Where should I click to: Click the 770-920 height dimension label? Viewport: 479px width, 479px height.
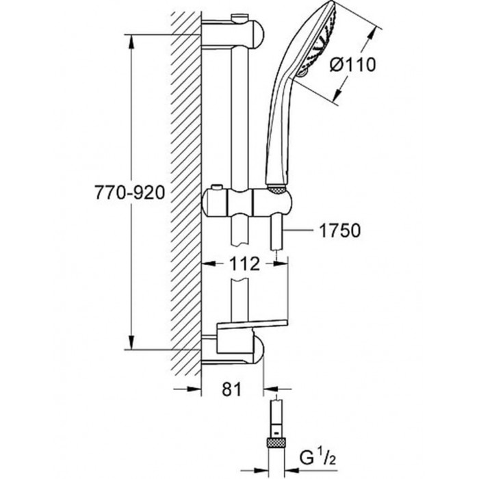130,193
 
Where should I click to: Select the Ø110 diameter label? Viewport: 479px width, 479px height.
353,65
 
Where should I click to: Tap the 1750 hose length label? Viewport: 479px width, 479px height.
339,231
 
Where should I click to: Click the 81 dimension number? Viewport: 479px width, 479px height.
231,389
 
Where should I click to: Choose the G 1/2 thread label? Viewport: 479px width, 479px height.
318,459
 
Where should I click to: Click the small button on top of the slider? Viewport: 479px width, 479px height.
217,187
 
